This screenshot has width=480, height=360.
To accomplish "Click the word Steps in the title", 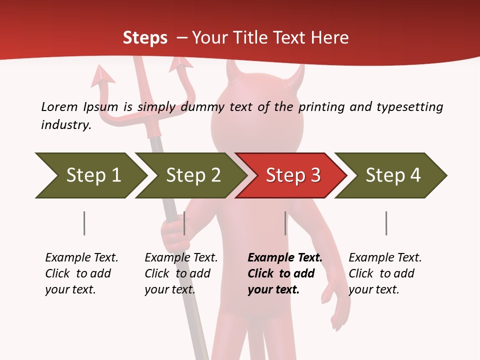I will click(x=145, y=38).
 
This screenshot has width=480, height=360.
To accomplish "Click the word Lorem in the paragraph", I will click(x=59, y=106).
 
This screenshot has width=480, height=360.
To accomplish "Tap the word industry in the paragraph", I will click(x=65, y=125).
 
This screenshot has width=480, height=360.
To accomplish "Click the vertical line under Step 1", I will click(x=84, y=223).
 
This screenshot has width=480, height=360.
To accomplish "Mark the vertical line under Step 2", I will click(x=184, y=223).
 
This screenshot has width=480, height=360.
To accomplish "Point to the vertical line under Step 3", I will click(x=285, y=223).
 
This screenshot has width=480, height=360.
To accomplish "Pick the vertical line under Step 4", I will click(x=386, y=223).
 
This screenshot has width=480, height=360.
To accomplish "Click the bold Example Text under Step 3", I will click(x=285, y=257).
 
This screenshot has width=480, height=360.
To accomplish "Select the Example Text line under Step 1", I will click(x=81, y=257).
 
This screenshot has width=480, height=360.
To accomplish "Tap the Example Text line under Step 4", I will click(x=385, y=257).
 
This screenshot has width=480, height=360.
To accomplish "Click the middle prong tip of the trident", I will click(x=135, y=62).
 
